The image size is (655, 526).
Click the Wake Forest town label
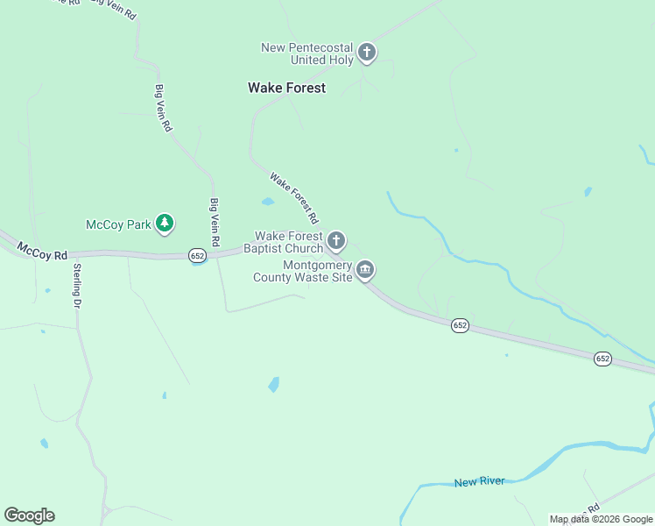pyautogui.click(x=286, y=88)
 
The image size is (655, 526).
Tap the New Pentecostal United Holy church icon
pyautogui.click(x=367, y=53)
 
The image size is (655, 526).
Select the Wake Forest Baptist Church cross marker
pyautogui.click(x=336, y=241)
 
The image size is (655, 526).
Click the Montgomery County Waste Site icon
pyautogui.click(x=365, y=269)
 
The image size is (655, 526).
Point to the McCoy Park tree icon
pyautogui.click(x=164, y=224)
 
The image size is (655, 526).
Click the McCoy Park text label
pyautogui.click(x=118, y=224)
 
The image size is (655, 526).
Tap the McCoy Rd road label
pyautogui.click(x=41, y=254)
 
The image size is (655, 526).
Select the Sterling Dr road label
pyautogui.click(x=77, y=286)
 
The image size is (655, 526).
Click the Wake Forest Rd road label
pyautogui.click(x=294, y=197)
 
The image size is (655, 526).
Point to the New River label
pyautogui.click(x=480, y=482)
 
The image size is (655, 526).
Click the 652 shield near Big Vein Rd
pyautogui.click(x=197, y=255)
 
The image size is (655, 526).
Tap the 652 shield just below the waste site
pyautogui.click(x=461, y=325)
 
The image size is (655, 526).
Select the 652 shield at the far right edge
pyautogui.click(x=602, y=359)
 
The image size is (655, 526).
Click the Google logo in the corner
pyautogui.click(x=29, y=515)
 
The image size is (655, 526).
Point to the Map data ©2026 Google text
pyautogui.click(x=601, y=519)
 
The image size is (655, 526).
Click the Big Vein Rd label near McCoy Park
pyautogui.click(x=214, y=222)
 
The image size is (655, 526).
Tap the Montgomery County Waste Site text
pyautogui.click(x=303, y=271)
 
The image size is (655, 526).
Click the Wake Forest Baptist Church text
pyautogui.click(x=289, y=242)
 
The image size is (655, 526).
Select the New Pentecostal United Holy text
pyautogui.click(x=307, y=53)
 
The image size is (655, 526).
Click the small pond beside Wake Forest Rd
pyautogui.click(x=268, y=202)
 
